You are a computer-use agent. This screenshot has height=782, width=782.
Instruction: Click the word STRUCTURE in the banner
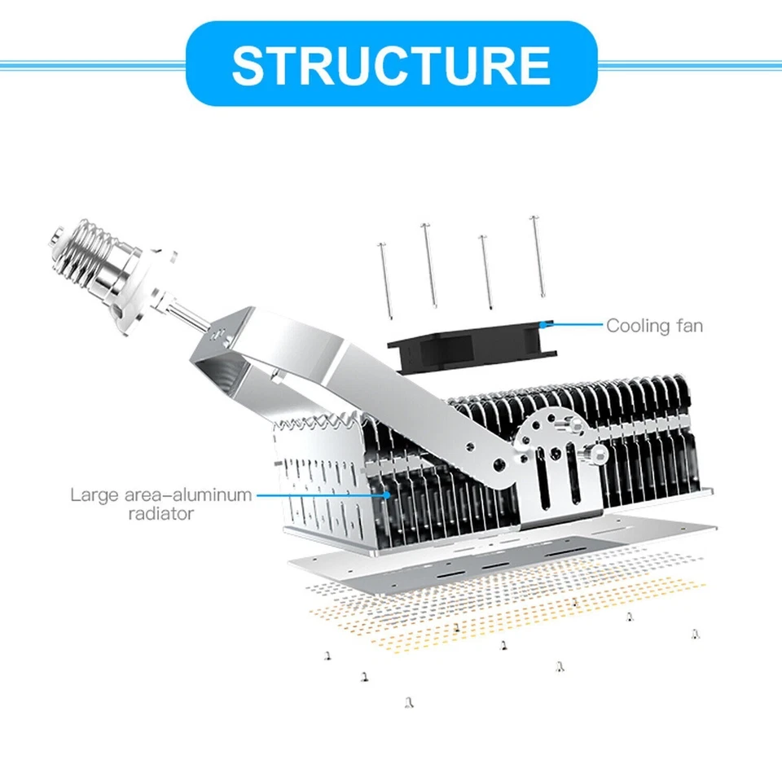[391, 64]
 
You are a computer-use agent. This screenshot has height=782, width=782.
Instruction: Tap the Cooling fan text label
[653, 326]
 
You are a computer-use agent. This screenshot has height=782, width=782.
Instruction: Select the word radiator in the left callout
[161, 513]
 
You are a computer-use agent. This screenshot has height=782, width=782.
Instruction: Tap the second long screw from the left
[428, 265]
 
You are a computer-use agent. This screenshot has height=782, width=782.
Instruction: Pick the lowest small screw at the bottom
[406, 701]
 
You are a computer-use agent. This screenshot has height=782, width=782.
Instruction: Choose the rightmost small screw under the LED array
[695, 633]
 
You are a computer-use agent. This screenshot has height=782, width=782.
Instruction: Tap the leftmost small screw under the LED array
[327, 653]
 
